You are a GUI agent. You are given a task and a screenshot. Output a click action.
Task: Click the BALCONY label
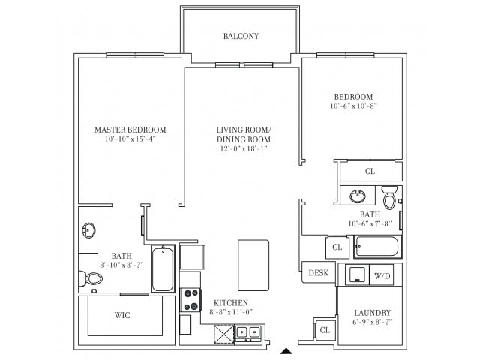(x=241, y=36)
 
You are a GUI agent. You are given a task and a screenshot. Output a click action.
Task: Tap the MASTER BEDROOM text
(x=130, y=130)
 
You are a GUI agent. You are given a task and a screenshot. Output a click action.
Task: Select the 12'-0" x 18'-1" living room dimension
(x=243, y=149)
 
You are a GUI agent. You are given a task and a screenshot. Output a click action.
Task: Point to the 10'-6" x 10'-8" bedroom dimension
(x=353, y=106)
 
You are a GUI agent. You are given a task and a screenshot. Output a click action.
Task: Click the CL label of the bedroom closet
(x=370, y=171)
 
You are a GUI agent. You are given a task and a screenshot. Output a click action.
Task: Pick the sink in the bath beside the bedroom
(x=358, y=196)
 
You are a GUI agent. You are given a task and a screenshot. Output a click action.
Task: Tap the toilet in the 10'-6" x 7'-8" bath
(x=390, y=198)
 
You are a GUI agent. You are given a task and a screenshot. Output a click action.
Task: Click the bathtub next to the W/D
(x=377, y=246)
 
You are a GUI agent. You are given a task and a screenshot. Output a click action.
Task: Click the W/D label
(x=382, y=274)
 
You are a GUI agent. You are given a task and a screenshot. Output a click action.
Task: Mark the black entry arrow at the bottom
(x=286, y=350)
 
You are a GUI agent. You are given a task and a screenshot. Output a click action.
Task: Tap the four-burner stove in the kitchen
(x=190, y=300)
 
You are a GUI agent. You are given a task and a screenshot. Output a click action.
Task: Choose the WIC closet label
(x=122, y=315)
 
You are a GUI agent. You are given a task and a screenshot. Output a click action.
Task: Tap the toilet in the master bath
(x=91, y=279)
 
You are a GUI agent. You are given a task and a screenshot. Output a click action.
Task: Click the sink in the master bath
(x=88, y=229)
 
